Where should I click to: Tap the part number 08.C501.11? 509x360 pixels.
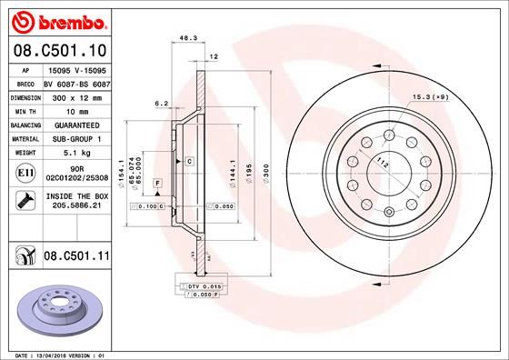point(77,257)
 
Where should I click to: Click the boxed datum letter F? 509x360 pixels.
point(158,184)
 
